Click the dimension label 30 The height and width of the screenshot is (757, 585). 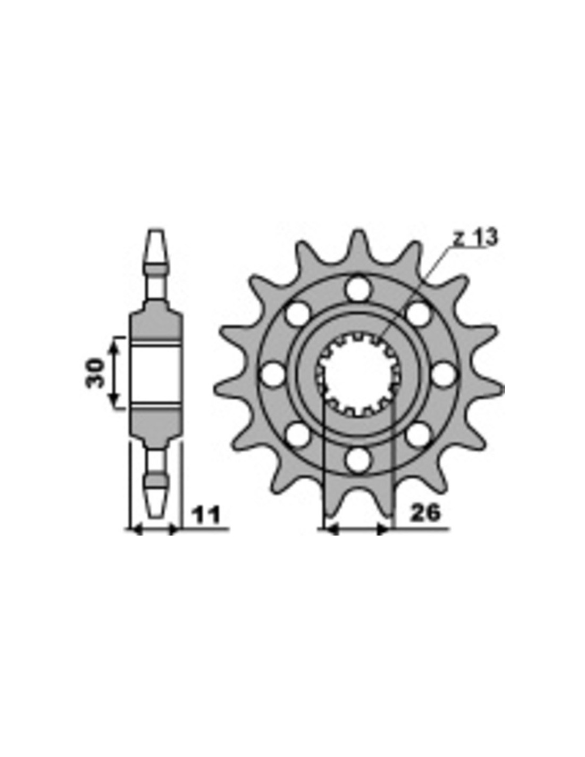pyautogui.click(x=95, y=373)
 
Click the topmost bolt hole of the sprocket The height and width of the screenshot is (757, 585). pyautogui.click(x=358, y=288)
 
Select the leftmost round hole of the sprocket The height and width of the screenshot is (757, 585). pyautogui.click(x=272, y=374)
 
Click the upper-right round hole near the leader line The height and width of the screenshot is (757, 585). pyautogui.click(x=419, y=314)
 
